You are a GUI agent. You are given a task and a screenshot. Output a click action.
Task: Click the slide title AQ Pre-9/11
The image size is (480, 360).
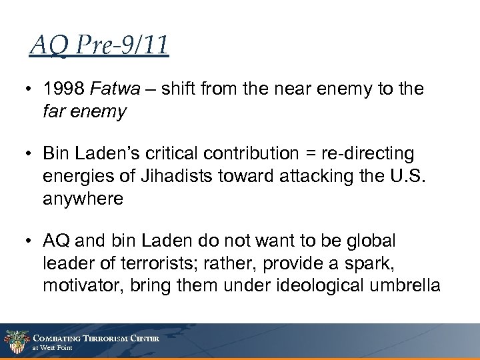point(99,47)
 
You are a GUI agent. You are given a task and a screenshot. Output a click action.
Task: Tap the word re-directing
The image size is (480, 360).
point(375,154)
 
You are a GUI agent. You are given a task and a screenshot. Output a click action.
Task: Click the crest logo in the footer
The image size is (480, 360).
point(15,341)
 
